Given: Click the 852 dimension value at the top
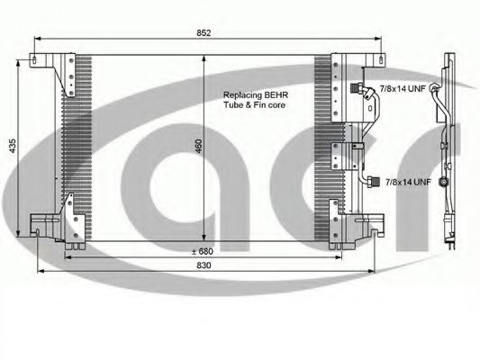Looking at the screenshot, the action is point(204,32).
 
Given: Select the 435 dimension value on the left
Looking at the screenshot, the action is point(13,146).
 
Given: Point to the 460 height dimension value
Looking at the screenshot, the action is point(199,146).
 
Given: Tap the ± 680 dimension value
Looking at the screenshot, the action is point(202,251).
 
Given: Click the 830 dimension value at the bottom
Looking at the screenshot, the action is point(204,265).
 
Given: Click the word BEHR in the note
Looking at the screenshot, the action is point(276,95).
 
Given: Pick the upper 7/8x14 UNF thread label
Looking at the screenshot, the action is point(403,89).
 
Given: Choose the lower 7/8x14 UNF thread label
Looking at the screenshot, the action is point(408,183).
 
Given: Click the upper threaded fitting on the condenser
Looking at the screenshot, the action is point(356,88).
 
